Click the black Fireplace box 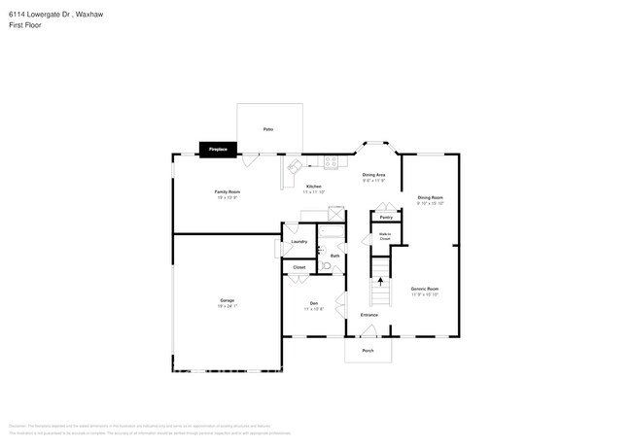click(x=218, y=149)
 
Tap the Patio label click(x=267, y=128)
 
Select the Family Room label click(x=228, y=192)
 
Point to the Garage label click(x=227, y=301)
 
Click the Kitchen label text click(x=314, y=187)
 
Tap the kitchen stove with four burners click(x=330, y=162)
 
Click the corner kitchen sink click(x=291, y=168)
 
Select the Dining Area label click(x=374, y=175)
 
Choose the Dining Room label click(x=430, y=199)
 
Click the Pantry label click(x=386, y=217)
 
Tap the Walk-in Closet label click(x=384, y=235)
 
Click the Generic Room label click(x=425, y=289)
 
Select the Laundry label click(x=298, y=242)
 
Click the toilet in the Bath click(x=327, y=265)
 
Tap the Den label click(x=314, y=304)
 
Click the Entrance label click(x=369, y=315)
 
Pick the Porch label click(x=368, y=350)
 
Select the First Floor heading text click(x=27, y=25)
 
